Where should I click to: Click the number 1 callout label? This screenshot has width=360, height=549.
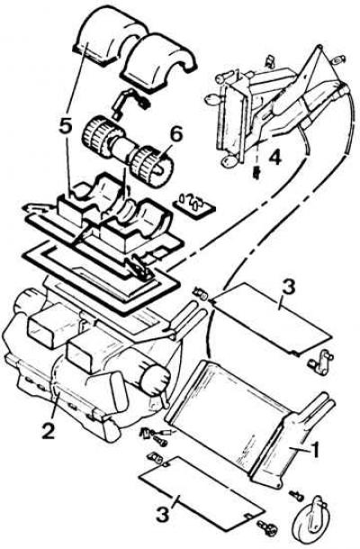click(x=315, y=449)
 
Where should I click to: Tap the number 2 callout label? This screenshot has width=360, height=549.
click(x=48, y=430)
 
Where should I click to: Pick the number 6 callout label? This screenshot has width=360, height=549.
click(x=175, y=135)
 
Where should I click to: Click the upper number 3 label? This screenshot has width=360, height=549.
click(x=289, y=288)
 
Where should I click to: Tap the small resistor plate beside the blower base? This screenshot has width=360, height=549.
click(x=193, y=205)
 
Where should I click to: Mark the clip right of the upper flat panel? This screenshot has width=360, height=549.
click(x=320, y=361)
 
